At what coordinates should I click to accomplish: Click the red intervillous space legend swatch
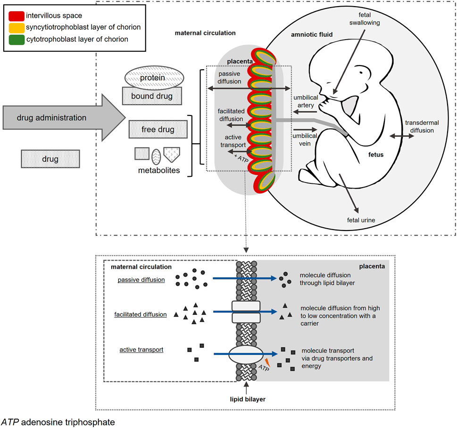17,16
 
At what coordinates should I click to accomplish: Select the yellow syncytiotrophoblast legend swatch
17,28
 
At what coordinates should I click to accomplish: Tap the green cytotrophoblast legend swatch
17,40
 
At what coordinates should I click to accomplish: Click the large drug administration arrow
64,118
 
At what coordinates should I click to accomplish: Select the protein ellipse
154,78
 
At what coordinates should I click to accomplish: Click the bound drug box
152,96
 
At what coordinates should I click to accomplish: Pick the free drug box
158,129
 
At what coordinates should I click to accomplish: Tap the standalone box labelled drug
50,159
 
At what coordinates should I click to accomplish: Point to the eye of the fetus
361,72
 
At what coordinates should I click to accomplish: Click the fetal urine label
361,220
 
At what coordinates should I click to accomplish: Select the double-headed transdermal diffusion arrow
402,136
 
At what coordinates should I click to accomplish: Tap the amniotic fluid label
312,35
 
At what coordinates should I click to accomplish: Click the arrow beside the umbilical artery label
305,112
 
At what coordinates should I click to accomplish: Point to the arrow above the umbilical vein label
305,129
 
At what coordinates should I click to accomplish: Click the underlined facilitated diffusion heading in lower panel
141,314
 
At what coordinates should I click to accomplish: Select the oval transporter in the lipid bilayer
246,354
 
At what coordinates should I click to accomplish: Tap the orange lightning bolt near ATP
267,363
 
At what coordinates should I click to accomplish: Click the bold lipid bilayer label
248,399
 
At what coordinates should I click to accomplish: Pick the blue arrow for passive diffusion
244,278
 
